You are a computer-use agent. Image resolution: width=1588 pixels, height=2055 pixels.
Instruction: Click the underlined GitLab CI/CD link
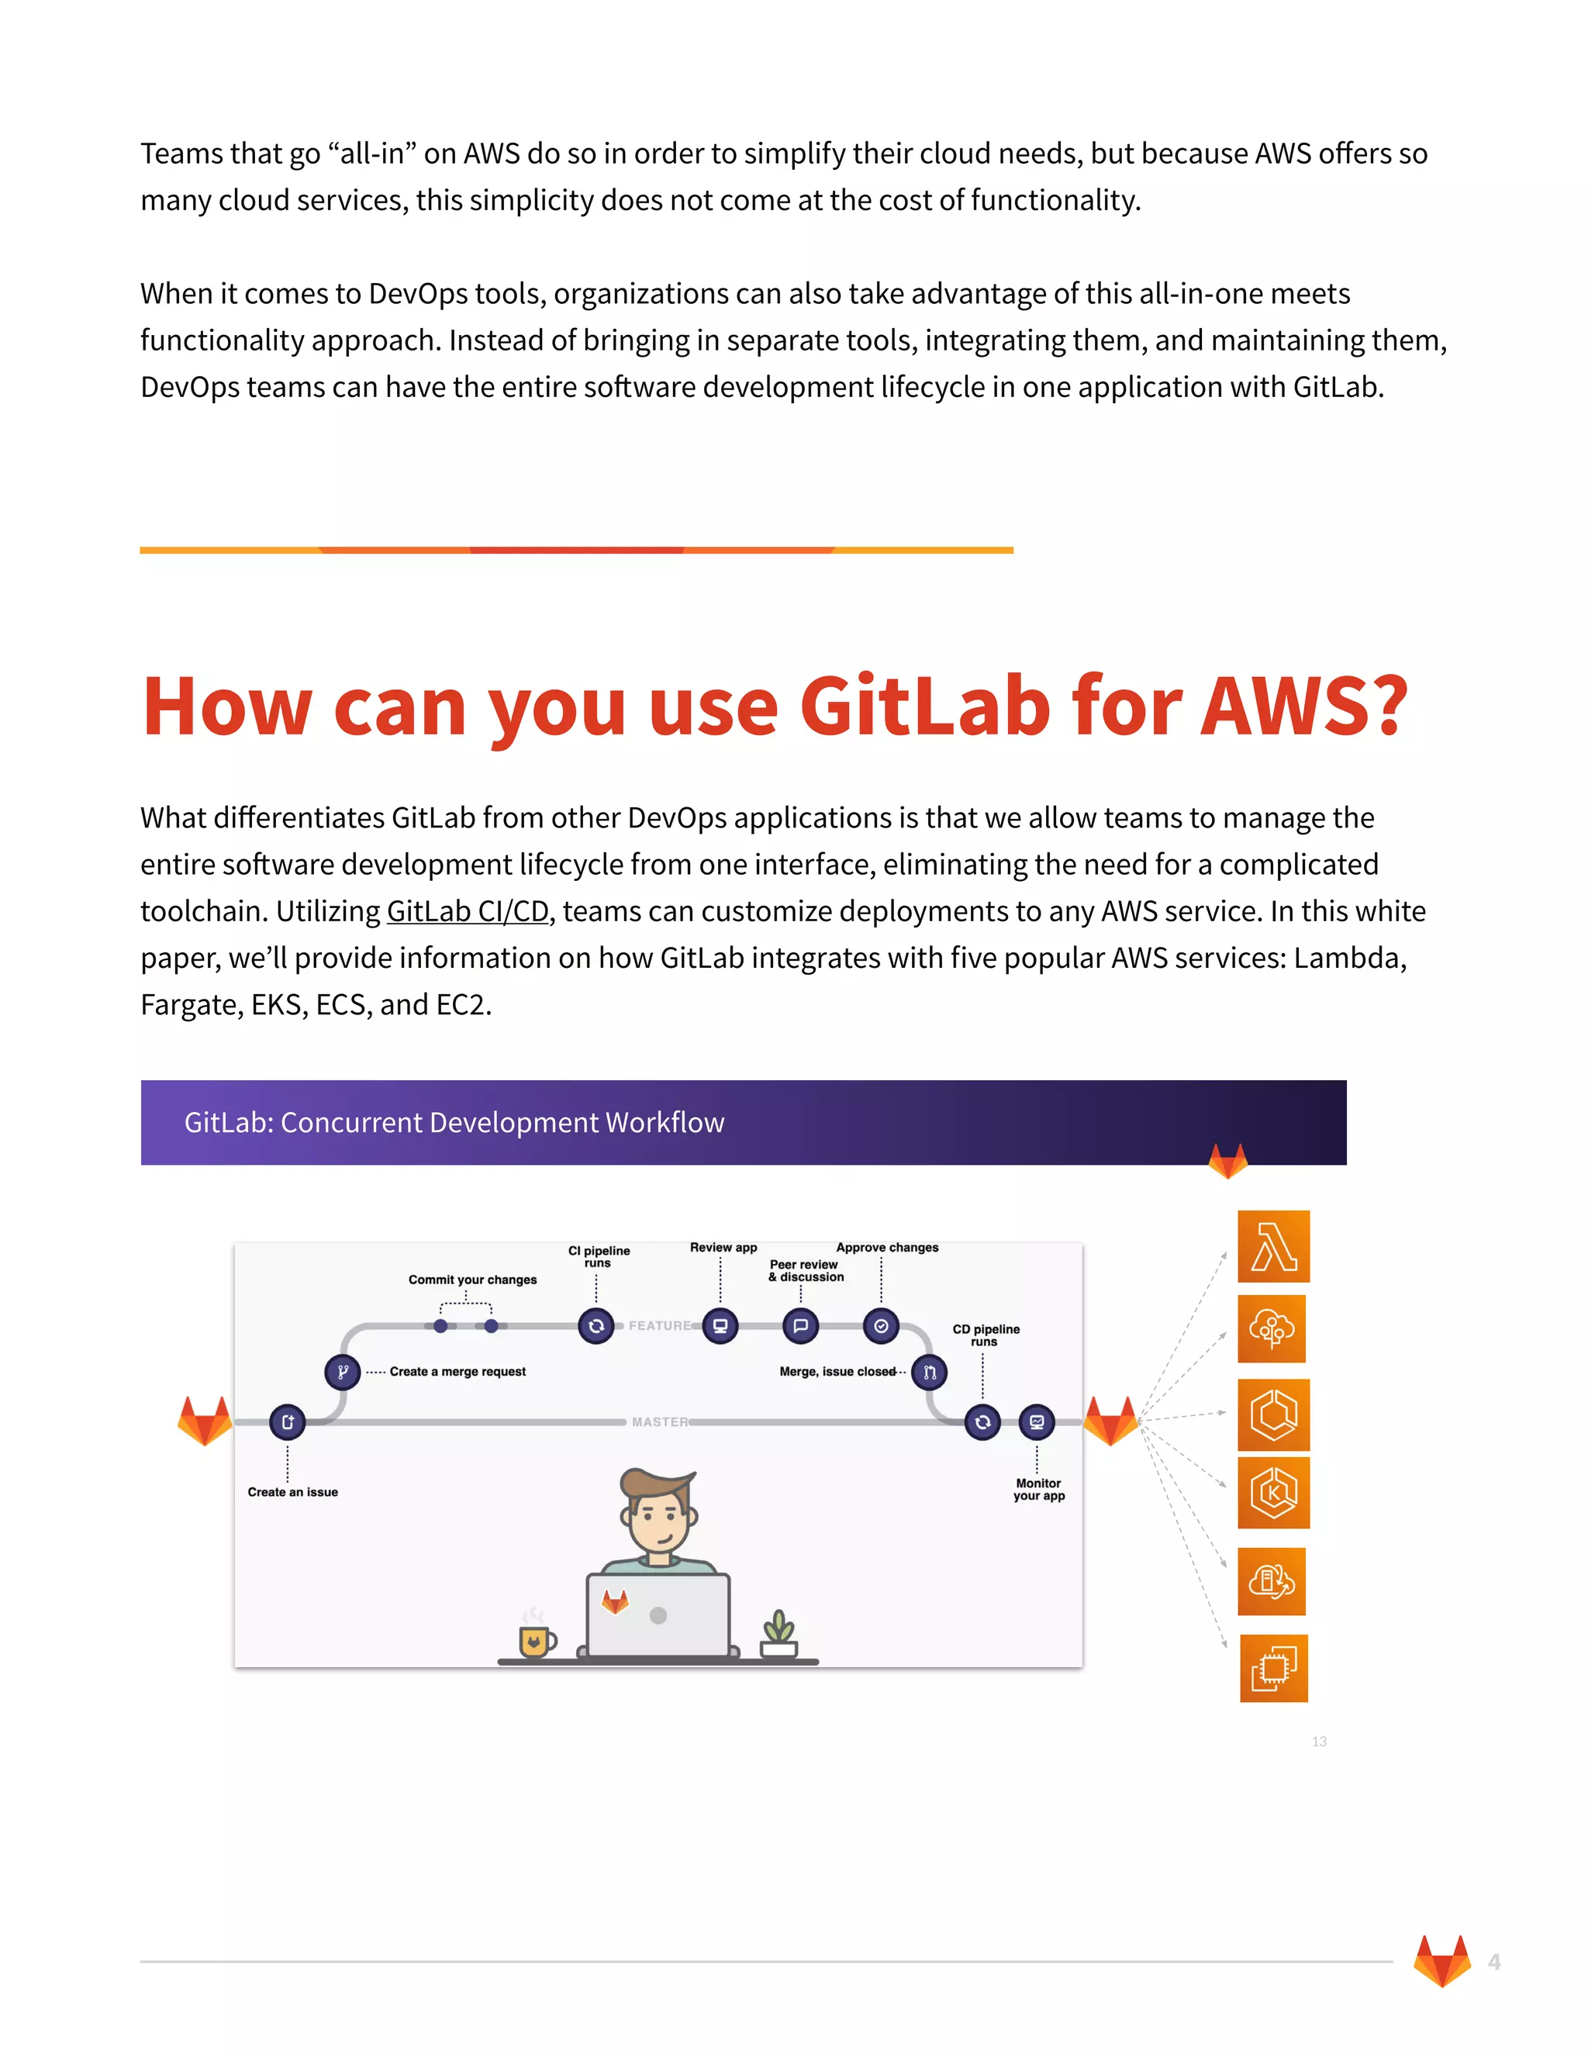tap(467, 911)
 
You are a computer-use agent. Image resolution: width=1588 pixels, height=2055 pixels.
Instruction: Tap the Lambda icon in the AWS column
tap(1273, 1246)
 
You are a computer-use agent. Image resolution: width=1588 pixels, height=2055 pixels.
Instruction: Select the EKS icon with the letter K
tap(1273, 1492)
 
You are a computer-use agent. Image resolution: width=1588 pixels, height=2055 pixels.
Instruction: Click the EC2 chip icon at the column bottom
tap(1273, 1667)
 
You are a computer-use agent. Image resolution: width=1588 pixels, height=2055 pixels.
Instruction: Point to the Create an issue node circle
tap(287, 1421)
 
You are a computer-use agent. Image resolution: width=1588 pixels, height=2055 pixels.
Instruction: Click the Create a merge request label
tap(457, 1372)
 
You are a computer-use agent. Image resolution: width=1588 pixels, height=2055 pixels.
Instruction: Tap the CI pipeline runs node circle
tap(595, 1326)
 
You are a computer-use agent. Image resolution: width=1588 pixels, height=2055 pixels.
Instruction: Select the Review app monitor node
tap(720, 1326)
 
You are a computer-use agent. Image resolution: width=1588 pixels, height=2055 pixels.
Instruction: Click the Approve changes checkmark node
tap(881, 1326)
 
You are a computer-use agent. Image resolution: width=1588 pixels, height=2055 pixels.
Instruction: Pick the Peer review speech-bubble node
tap(800, 1326)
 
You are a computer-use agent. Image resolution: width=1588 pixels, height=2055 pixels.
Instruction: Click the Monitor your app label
tap(1038, 1490)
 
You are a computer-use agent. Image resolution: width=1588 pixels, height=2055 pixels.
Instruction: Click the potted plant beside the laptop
tap(779, 1633)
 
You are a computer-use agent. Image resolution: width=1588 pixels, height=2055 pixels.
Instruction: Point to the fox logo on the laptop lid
tap(615, 1601)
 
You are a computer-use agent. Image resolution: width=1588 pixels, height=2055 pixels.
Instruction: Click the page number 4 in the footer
tap(1494, 1962)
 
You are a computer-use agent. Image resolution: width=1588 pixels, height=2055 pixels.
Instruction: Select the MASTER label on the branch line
tap(660, 1421)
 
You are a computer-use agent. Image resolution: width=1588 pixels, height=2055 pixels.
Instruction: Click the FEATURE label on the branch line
tap(660, 1326)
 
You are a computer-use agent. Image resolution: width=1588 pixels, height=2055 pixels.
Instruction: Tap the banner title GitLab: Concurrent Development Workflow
tap(454, 1123)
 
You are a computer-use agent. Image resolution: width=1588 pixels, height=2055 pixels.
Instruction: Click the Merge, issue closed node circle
tap(930, 1372)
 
